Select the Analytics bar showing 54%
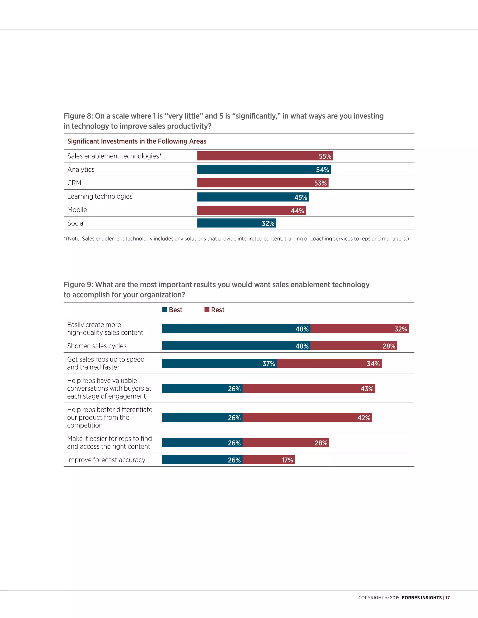(264, 170)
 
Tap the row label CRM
(74, 183)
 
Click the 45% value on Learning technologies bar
(300, 197)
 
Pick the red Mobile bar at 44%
(251, 211)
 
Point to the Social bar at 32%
(236, 223)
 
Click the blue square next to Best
(165, 310)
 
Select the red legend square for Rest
(207, 310)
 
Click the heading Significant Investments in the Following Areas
(137, 141)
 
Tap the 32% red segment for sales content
(359, 329)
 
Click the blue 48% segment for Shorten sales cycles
(236, 346)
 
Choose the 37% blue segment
(219, 364)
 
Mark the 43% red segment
(309, 389)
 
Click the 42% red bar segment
(307, 418)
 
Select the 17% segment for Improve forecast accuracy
(268, 460)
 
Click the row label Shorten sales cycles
(97, 346)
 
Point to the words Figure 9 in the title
(78, 285)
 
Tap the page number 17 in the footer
(447, 598)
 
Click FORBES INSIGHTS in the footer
(422, 598)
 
